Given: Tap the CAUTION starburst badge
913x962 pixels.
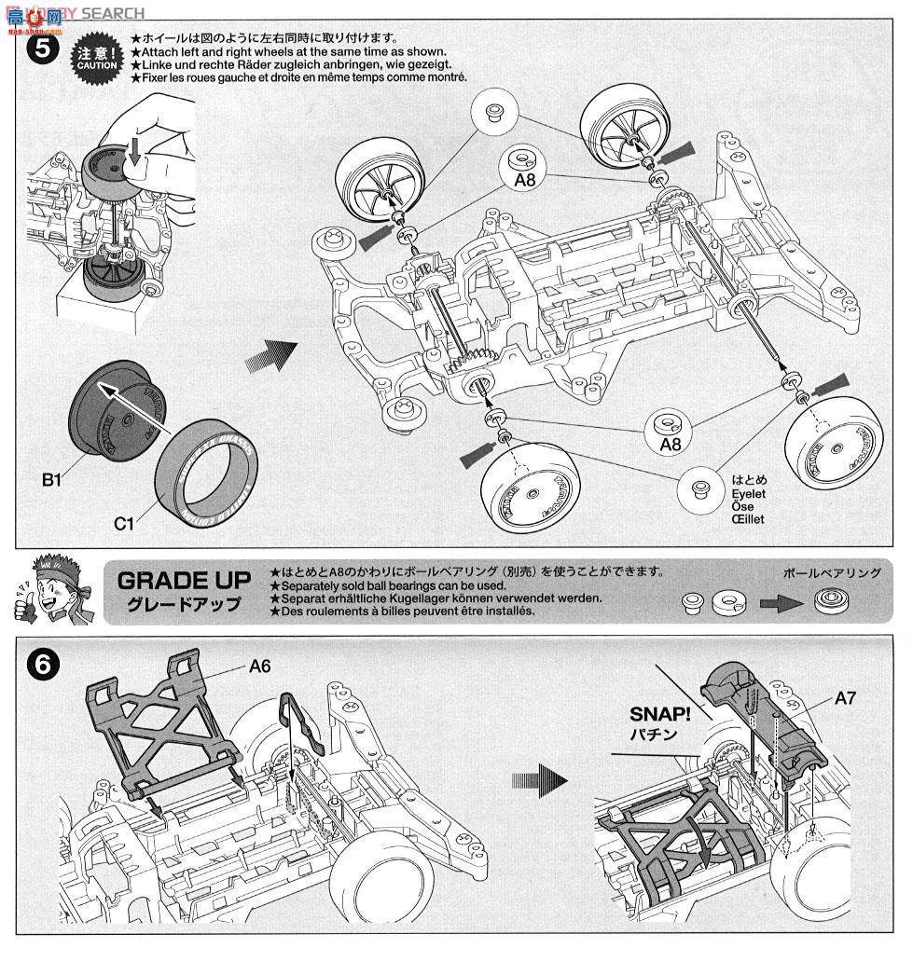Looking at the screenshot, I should [93, 62].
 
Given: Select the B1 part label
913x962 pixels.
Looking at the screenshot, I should [51, 481].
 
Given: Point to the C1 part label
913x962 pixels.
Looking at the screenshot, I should [124, 523].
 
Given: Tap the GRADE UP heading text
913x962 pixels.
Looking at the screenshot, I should [184, 581].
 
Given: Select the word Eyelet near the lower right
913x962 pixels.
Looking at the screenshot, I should [748, 495].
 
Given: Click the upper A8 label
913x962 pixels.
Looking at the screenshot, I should [525, 181].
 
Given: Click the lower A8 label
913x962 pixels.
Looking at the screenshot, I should [671, 446].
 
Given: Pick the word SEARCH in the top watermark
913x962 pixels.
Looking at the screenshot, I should [113, 12].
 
